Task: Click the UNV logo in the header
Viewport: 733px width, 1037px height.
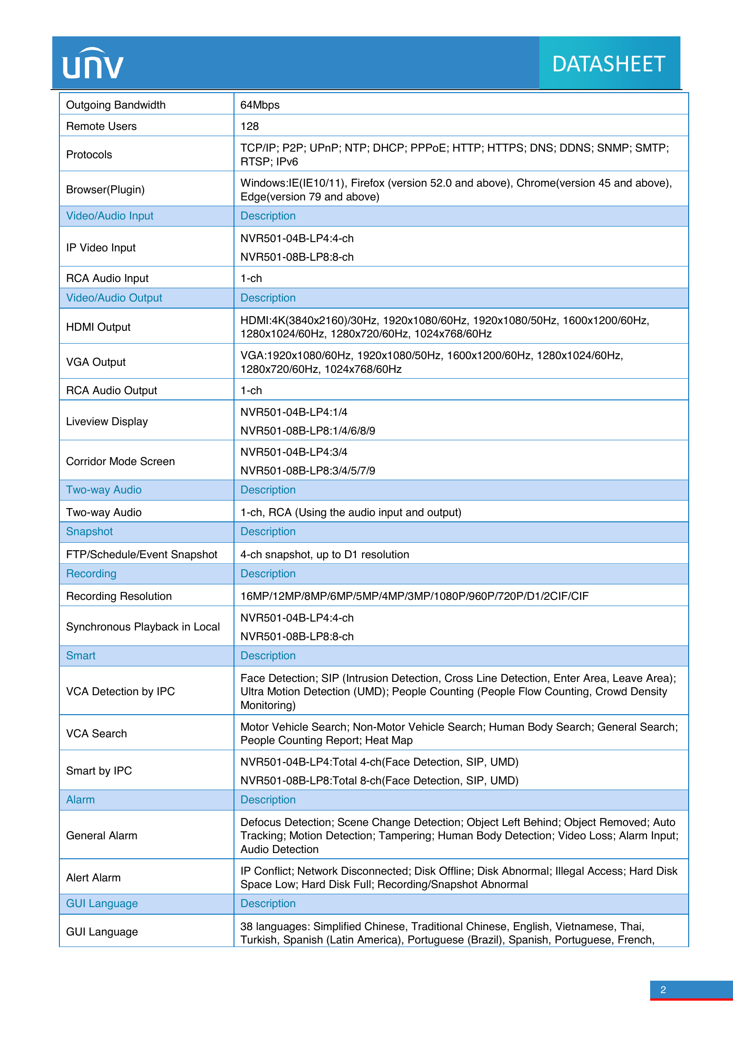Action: click(93, 64)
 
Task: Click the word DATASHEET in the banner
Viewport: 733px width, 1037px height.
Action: click(608, 64)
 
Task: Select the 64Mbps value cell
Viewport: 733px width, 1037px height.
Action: click(260, 105)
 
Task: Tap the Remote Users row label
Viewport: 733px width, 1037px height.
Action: click(101, 126)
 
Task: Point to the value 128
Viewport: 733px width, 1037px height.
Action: click(250, 126)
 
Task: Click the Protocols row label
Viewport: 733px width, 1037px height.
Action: click(89, 155)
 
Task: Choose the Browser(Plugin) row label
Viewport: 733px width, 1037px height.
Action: click(105, 190)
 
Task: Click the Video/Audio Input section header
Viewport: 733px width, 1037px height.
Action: click(109, 216)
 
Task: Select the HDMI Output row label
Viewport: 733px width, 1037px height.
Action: click(98, 327)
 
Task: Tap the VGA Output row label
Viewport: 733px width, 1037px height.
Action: click(96, 362)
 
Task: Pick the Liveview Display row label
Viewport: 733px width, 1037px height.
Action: click(107, 421)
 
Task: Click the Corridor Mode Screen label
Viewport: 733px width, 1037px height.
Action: click(120, 461)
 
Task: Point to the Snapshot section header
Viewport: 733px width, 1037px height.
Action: click(90, 532)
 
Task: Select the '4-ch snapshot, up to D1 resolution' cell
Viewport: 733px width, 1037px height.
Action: click(324, 555)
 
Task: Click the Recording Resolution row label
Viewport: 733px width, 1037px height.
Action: click(119, 596)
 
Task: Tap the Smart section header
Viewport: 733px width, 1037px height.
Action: click(81, 656)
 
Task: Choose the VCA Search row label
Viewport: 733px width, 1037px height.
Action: click(96, 733)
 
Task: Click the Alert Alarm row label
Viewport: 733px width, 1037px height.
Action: click(94, 877)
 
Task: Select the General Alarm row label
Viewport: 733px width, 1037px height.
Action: click(101, 836)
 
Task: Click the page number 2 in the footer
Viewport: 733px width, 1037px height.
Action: click(663, 990)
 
